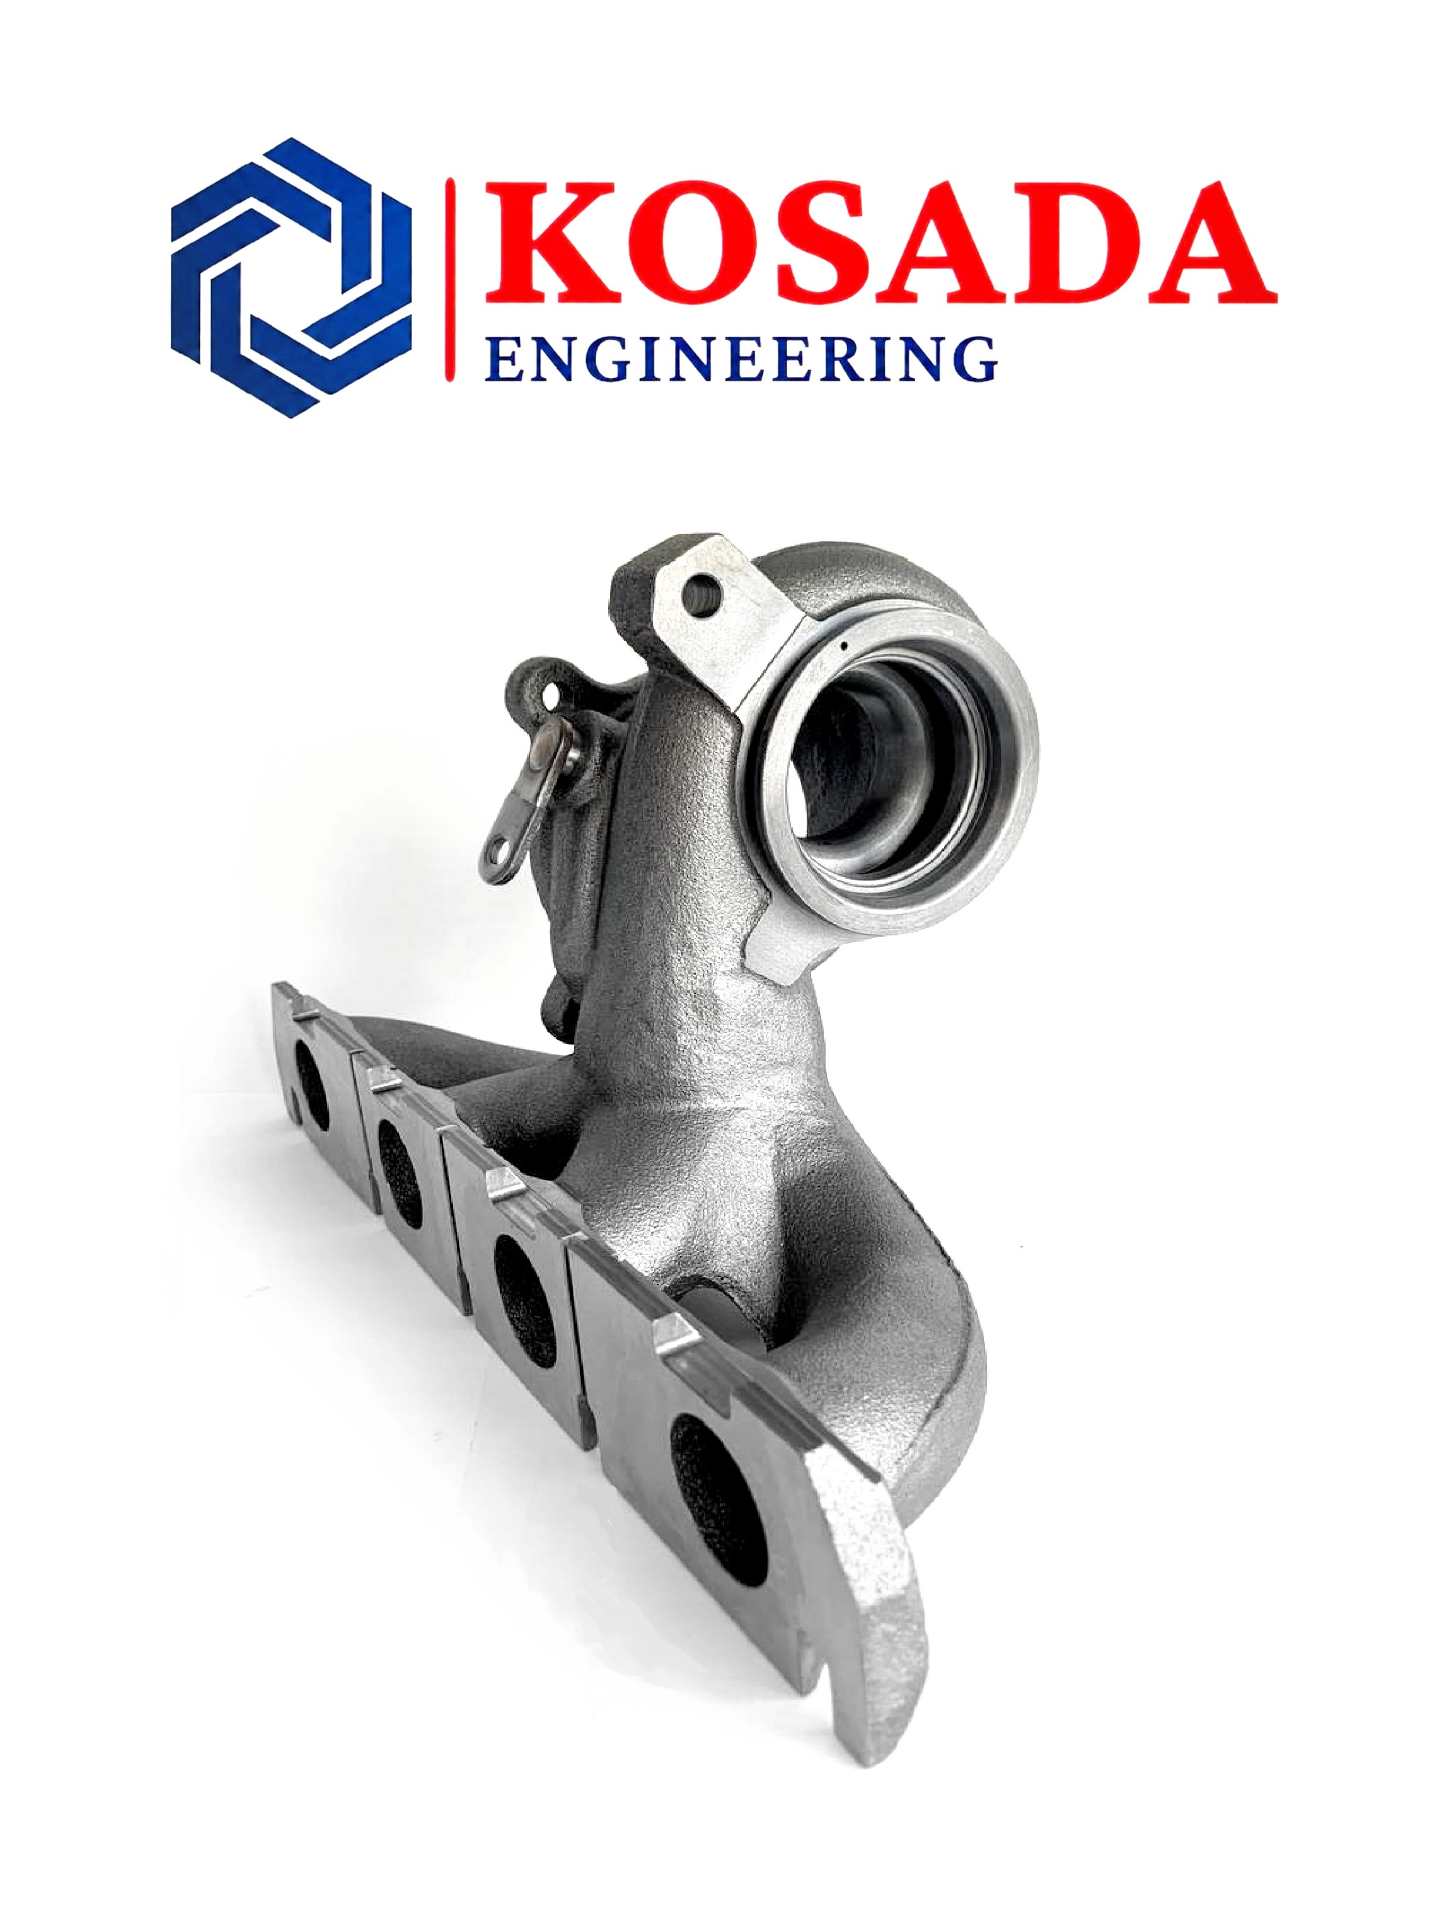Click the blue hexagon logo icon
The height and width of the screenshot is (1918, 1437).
point(291,277)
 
